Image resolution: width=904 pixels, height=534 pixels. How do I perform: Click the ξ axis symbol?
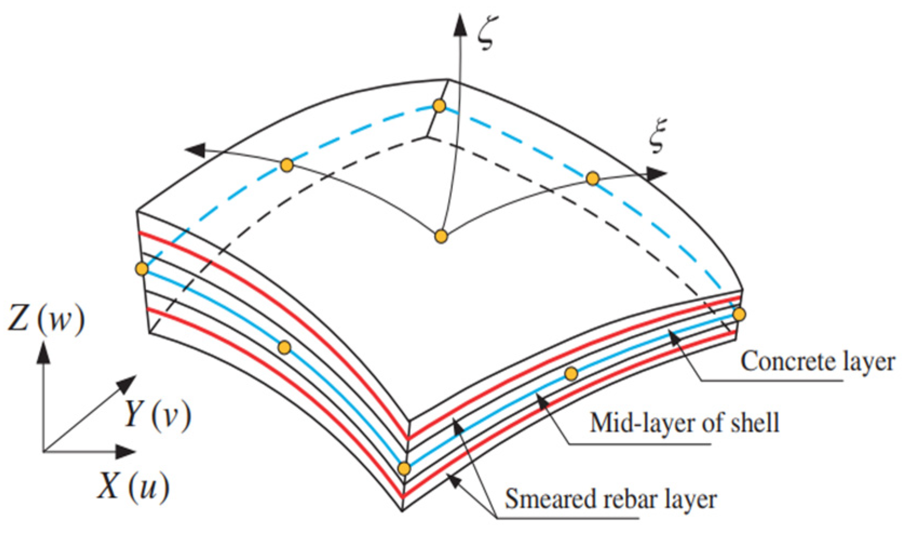click(656, 135)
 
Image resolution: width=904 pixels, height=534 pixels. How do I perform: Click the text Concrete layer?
click(817, 362)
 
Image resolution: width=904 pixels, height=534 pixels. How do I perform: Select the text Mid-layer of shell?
click(684, 423)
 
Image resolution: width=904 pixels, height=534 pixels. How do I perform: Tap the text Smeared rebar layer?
click(610, 499)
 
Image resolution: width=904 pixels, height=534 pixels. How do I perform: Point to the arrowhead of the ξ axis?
click(657, 174)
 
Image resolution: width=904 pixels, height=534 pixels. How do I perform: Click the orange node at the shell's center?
click(441, 236)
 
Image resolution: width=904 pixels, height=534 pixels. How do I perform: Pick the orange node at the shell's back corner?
click(439, 105)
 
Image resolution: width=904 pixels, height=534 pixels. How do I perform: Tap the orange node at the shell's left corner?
click(142, 268)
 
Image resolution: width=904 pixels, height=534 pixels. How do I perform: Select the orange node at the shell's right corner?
click(739, 314)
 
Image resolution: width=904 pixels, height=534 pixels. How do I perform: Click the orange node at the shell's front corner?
click(404, 469)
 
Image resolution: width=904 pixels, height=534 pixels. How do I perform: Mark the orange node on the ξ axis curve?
click(593, 179)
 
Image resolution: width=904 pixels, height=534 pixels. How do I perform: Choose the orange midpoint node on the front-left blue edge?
click(284, 347)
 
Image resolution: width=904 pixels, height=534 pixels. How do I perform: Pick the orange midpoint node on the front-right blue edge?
click(571, 373)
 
